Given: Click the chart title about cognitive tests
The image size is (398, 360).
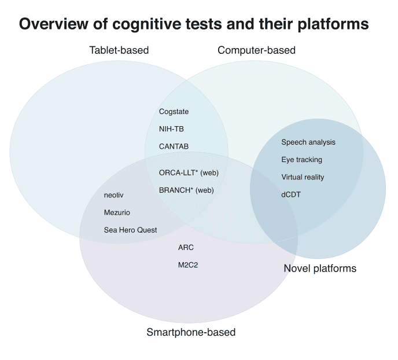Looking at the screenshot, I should click(x=194, y=24).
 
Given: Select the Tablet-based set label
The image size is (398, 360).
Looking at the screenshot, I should click(x=119, y=50).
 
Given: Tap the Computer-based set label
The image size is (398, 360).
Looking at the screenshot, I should click(x=256, y=50).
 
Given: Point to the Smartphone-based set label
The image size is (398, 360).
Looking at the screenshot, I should click(x=191, y=332).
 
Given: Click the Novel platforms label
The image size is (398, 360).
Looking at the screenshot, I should click(x=320, y=268).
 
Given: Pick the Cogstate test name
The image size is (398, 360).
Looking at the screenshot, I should click(x=174, y=112).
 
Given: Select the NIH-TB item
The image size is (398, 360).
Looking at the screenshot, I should click(x=171, y=129).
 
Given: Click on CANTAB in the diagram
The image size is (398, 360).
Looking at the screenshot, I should click(x=174, y=146).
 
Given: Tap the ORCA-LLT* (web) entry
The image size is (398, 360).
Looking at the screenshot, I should click(x=189, y=172).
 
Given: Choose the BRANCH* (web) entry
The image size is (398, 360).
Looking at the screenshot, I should click(x=186, y=190).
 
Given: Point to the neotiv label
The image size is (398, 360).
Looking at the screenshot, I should click(x=113, y=195).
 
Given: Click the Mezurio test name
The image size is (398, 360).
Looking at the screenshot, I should click(x=117, y=212).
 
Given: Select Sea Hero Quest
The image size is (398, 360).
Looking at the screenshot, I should click(x=130, y=230).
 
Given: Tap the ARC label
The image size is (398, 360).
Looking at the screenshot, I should click(x=186, y=248).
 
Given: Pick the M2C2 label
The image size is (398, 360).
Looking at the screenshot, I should click(x=188, y=265).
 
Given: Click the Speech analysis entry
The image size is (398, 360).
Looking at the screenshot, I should click(x=308, y=142).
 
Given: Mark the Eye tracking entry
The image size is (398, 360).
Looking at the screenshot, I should click(x=301, y=160).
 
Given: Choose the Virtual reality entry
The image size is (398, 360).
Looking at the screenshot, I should click(x=303, y=177).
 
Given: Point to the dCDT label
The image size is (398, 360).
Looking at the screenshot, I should click(x=291, y=194).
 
